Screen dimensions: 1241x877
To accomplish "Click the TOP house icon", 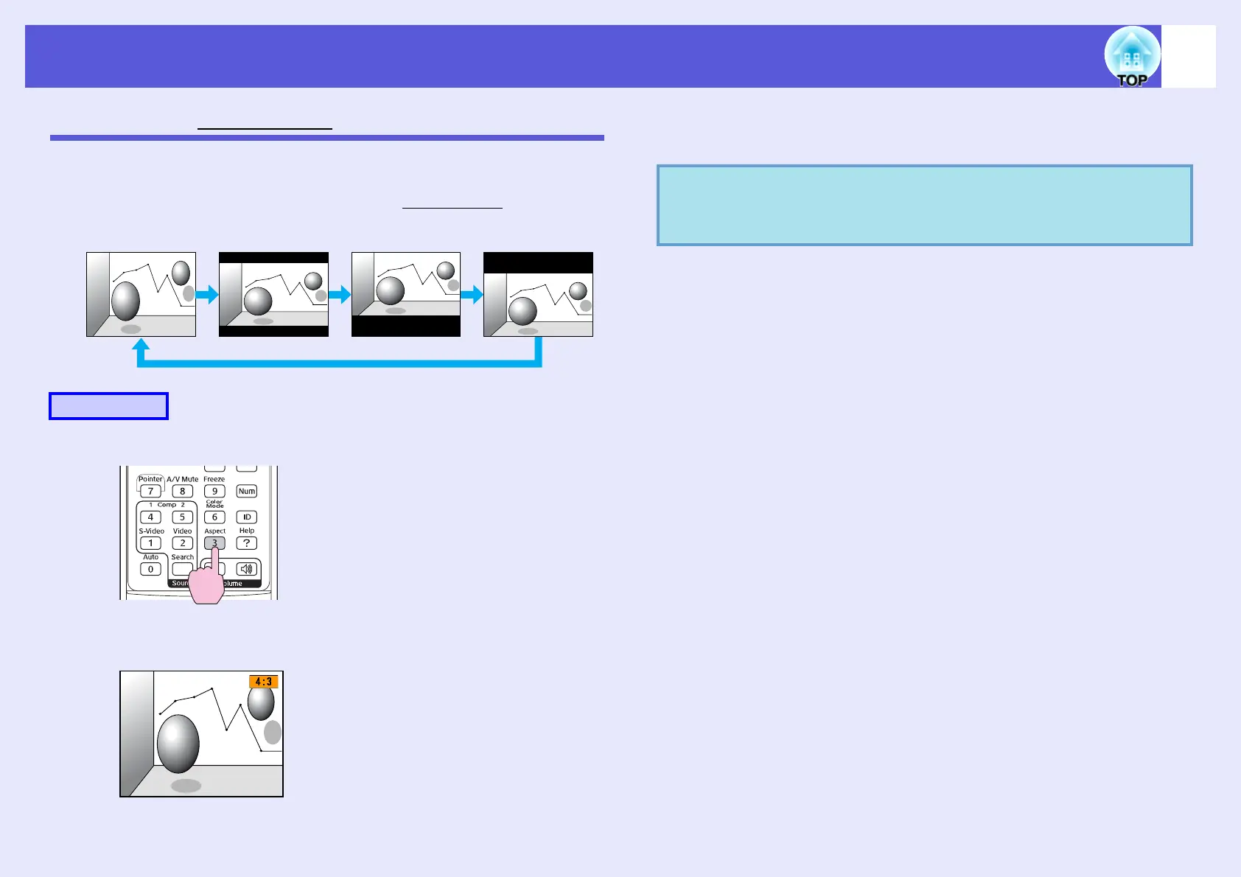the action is pyautogui.click(x=1132, y=57).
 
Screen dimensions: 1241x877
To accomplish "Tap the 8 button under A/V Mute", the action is pyautogui.click(x=183, y=492).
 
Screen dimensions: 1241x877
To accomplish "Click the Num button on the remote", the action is pyautogui.click(x=247, y=492).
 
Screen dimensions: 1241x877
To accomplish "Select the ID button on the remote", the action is pyautogui.click(x=247, y=517).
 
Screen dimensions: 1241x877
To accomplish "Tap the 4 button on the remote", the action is pyautogui.click(x=150, y=517).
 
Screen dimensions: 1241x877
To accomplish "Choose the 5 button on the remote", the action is pyautogui.click(x=183, y=517).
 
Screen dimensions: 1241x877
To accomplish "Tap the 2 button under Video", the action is pyautogui.click(x=183, y=543).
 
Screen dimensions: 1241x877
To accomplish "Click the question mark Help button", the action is pyautogui.click(x=247, y=543).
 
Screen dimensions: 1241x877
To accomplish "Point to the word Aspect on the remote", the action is pyautogui.click(x=215, y=531).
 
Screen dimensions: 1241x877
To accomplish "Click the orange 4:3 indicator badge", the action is pyautogui.click(x=264, y=682).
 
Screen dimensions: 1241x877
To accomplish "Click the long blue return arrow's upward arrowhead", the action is pyautogui.click(x=141, y=345).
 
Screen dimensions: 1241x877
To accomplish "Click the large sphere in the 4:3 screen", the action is pyautogui.click(x=178, y=743).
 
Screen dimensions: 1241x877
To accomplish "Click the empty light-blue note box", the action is pyautogui.click(x=924, y=205).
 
